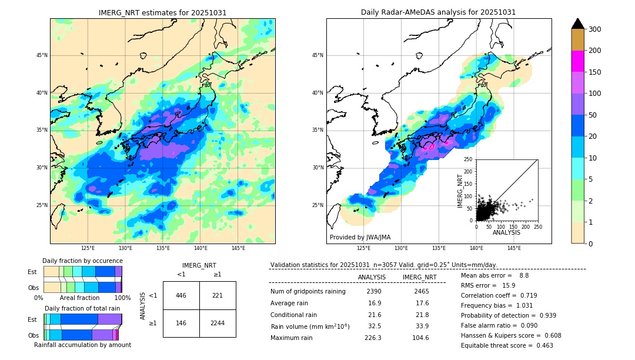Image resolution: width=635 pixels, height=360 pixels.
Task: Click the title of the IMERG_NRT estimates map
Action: (x=162, y=12)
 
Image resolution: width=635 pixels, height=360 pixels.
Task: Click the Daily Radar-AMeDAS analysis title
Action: (x=439, y=12)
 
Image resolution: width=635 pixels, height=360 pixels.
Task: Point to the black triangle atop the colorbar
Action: (x=578, y=24)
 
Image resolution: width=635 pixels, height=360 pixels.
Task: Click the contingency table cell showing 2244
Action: (x=218, y=323)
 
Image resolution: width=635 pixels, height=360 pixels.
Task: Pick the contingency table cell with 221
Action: (x=218, y=295)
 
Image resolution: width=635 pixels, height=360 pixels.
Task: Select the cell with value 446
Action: (x=181, y=295)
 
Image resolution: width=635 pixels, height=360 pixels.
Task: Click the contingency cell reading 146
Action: (x=181, y=323)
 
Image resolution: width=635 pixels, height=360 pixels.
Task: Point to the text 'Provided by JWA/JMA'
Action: (x=360, y=237)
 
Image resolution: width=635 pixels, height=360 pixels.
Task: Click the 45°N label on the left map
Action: (x=42, y=55)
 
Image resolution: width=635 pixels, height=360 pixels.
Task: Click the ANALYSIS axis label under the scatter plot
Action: (x=506, y=232)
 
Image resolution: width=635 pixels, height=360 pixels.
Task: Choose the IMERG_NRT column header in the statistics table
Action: (x=419, y=277)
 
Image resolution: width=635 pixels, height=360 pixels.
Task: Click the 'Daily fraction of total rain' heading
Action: (x=82, y=308)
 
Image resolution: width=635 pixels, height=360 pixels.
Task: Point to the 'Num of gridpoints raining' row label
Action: (x=308, y=291)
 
